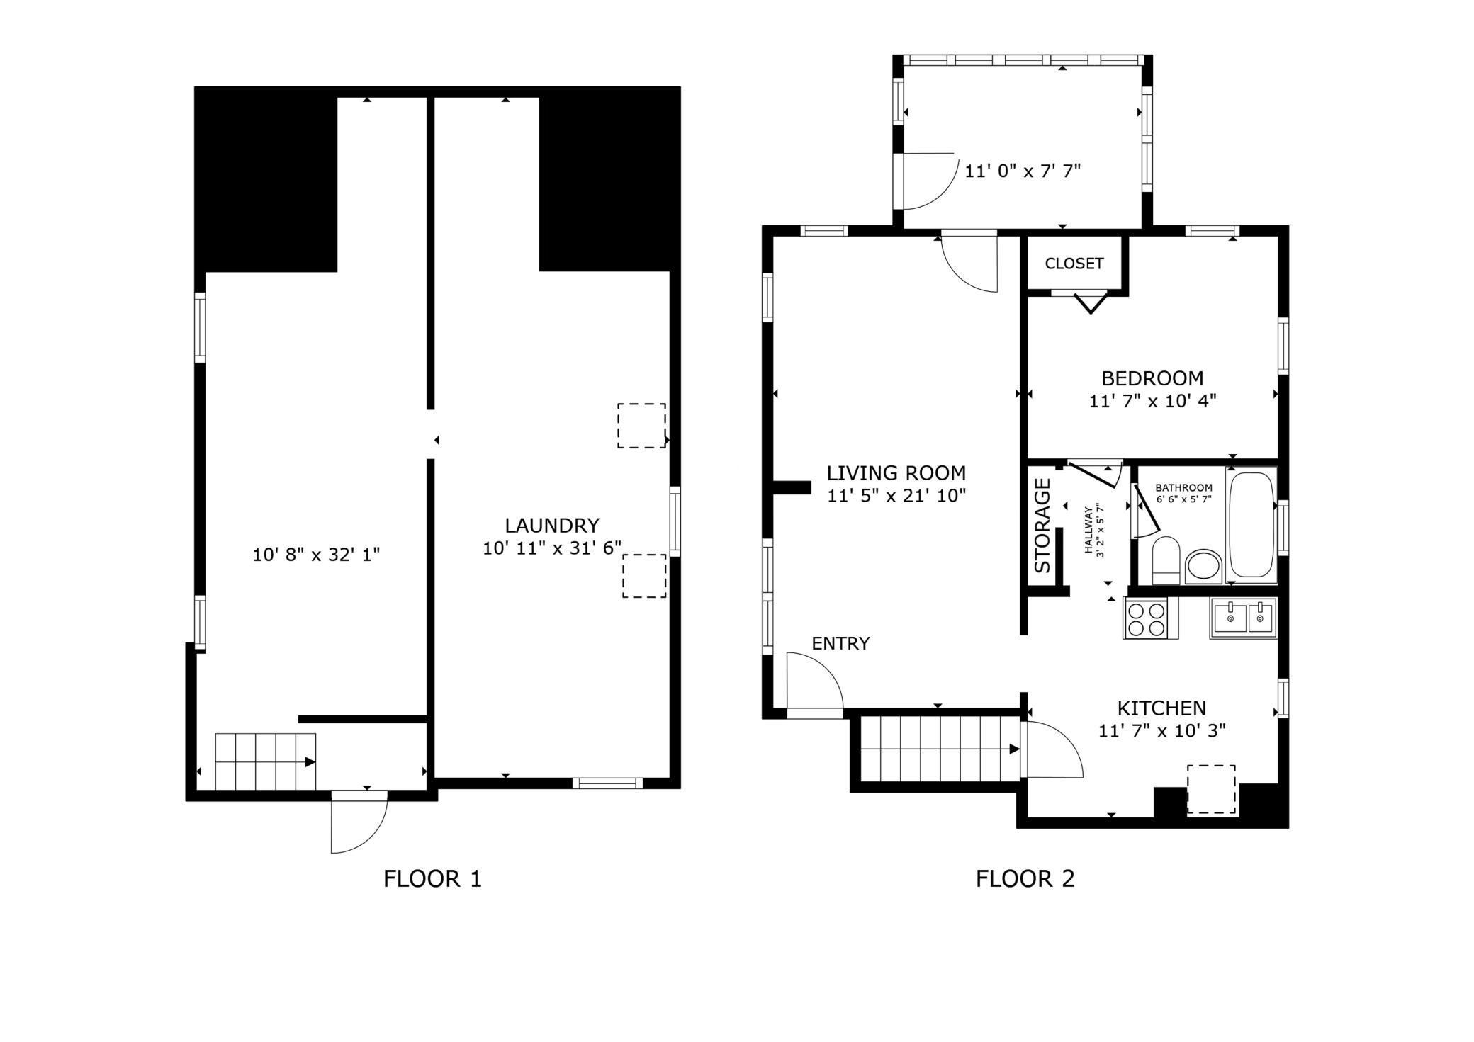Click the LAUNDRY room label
[552, 526]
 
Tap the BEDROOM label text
[1152, 378]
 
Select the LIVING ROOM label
[896, 472]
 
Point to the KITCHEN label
[1161, 708]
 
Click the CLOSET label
[1074, 264]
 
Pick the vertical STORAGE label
[1042, 526]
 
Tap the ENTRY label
[840, 643]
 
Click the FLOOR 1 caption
[432, 879]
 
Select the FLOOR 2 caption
[1025, 879]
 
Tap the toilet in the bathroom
[1166, 560]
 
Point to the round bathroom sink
[1203, 565]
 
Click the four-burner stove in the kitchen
[1145, 618]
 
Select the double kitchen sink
[1243, 618]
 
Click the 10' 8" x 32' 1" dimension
[316, 555]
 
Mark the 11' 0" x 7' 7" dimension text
[1023, 171]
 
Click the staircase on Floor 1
[265, 762]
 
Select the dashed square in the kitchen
[1211, 789]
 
